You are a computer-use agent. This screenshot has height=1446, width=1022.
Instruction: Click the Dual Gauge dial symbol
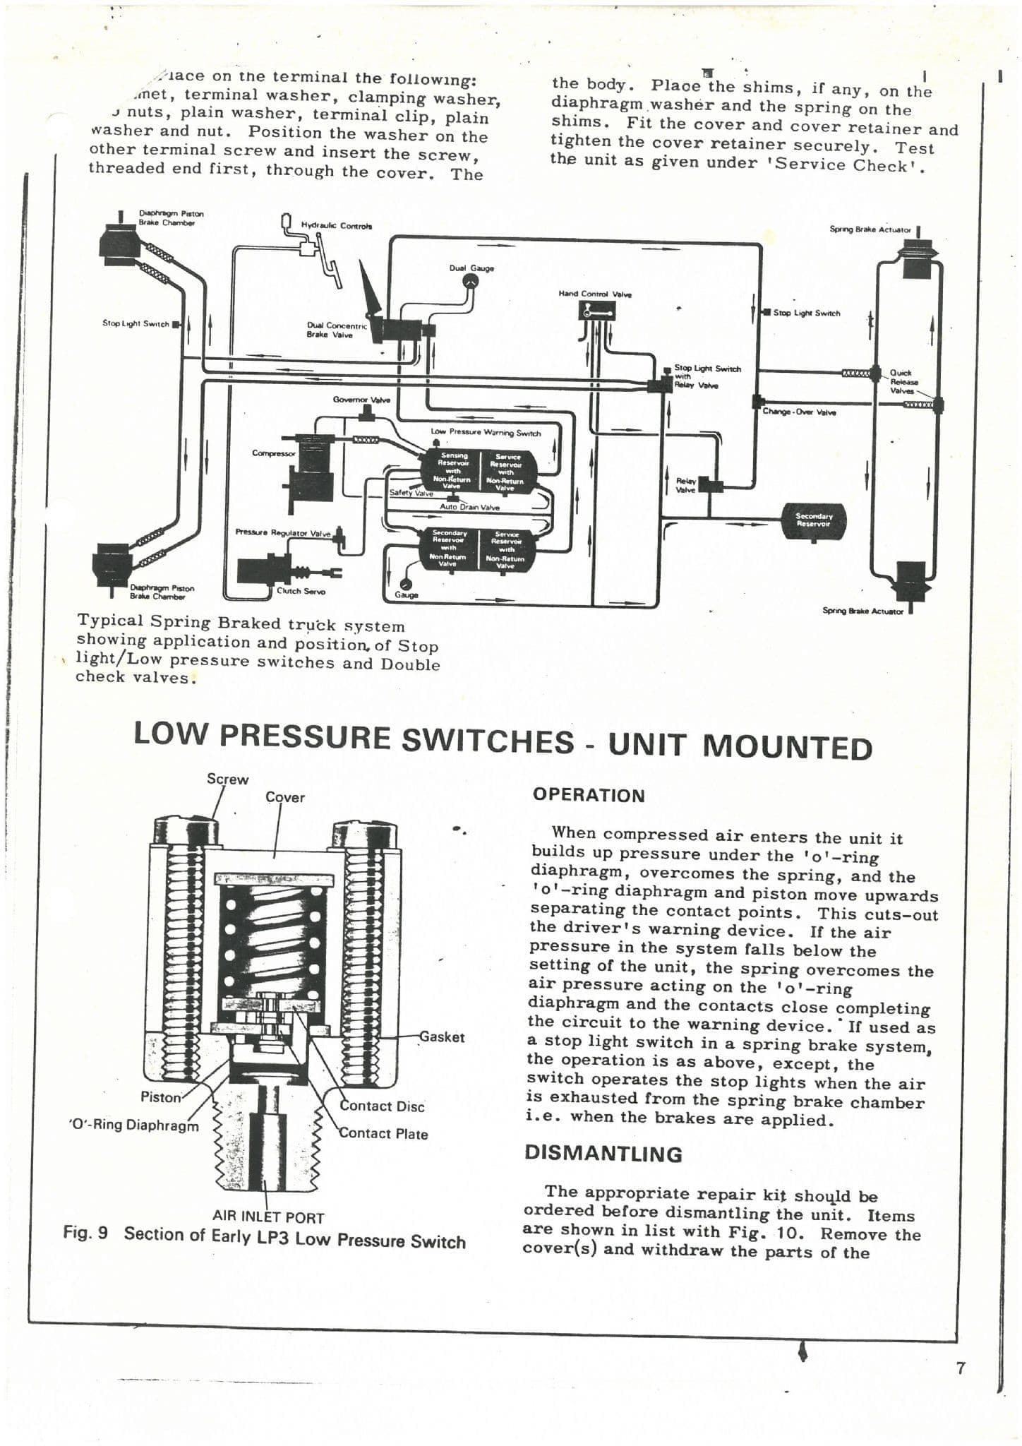[x=471, y=281]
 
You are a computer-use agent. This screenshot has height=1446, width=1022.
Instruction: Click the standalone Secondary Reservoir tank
[x=814, y=520]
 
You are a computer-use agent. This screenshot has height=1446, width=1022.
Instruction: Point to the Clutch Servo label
[x=301, y=591]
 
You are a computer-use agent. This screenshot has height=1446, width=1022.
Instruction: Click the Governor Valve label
[x=361, y=400]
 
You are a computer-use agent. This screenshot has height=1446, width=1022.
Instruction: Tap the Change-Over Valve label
[x=799, y=412]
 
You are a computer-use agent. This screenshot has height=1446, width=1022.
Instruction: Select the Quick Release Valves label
[x=901, y=381]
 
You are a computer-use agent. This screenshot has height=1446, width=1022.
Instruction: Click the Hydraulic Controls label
[x=337, y=226]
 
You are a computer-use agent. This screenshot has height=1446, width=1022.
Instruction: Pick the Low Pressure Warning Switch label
[x=486, y=432]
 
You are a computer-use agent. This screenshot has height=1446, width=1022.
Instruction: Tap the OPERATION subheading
[x=589, y=795]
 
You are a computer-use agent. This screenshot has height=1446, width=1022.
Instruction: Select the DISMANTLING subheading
[x=603, y=1154]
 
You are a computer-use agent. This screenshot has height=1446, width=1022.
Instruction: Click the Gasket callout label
[x=442, y=1037]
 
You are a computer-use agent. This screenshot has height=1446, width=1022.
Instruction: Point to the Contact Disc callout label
[x=382, y=1106]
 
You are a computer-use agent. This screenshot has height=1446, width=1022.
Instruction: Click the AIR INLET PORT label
[x=268, y=1217]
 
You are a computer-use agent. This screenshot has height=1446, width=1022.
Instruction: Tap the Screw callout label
[x=227, y=779]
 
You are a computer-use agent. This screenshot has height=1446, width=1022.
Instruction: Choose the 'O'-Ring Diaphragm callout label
[x=134, y=1125]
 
